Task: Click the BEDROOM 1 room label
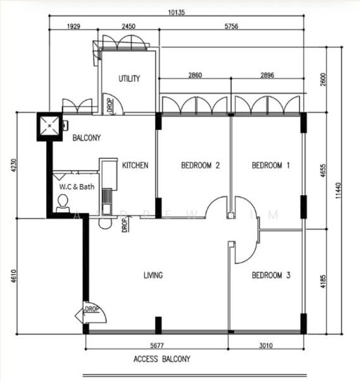point(271,166)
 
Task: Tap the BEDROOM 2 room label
point(200,166)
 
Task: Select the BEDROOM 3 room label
point(271,275)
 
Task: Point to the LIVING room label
point(153,275)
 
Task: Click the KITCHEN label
point(135,166)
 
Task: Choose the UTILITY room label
point(129,79)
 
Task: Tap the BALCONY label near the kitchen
point(87,137)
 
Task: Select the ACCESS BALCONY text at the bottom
point(161,359)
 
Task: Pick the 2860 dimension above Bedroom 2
point(195,75)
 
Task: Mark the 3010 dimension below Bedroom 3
point(266,345)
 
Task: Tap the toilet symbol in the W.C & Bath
point(63,202)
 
